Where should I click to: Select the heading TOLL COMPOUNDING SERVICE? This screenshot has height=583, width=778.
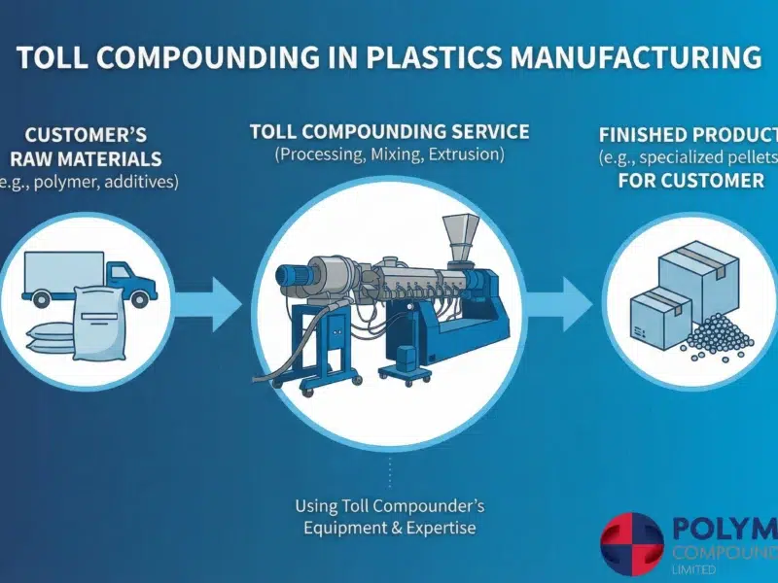click(389, 131)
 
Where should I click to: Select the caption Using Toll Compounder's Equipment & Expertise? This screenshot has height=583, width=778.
click(389, 516)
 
